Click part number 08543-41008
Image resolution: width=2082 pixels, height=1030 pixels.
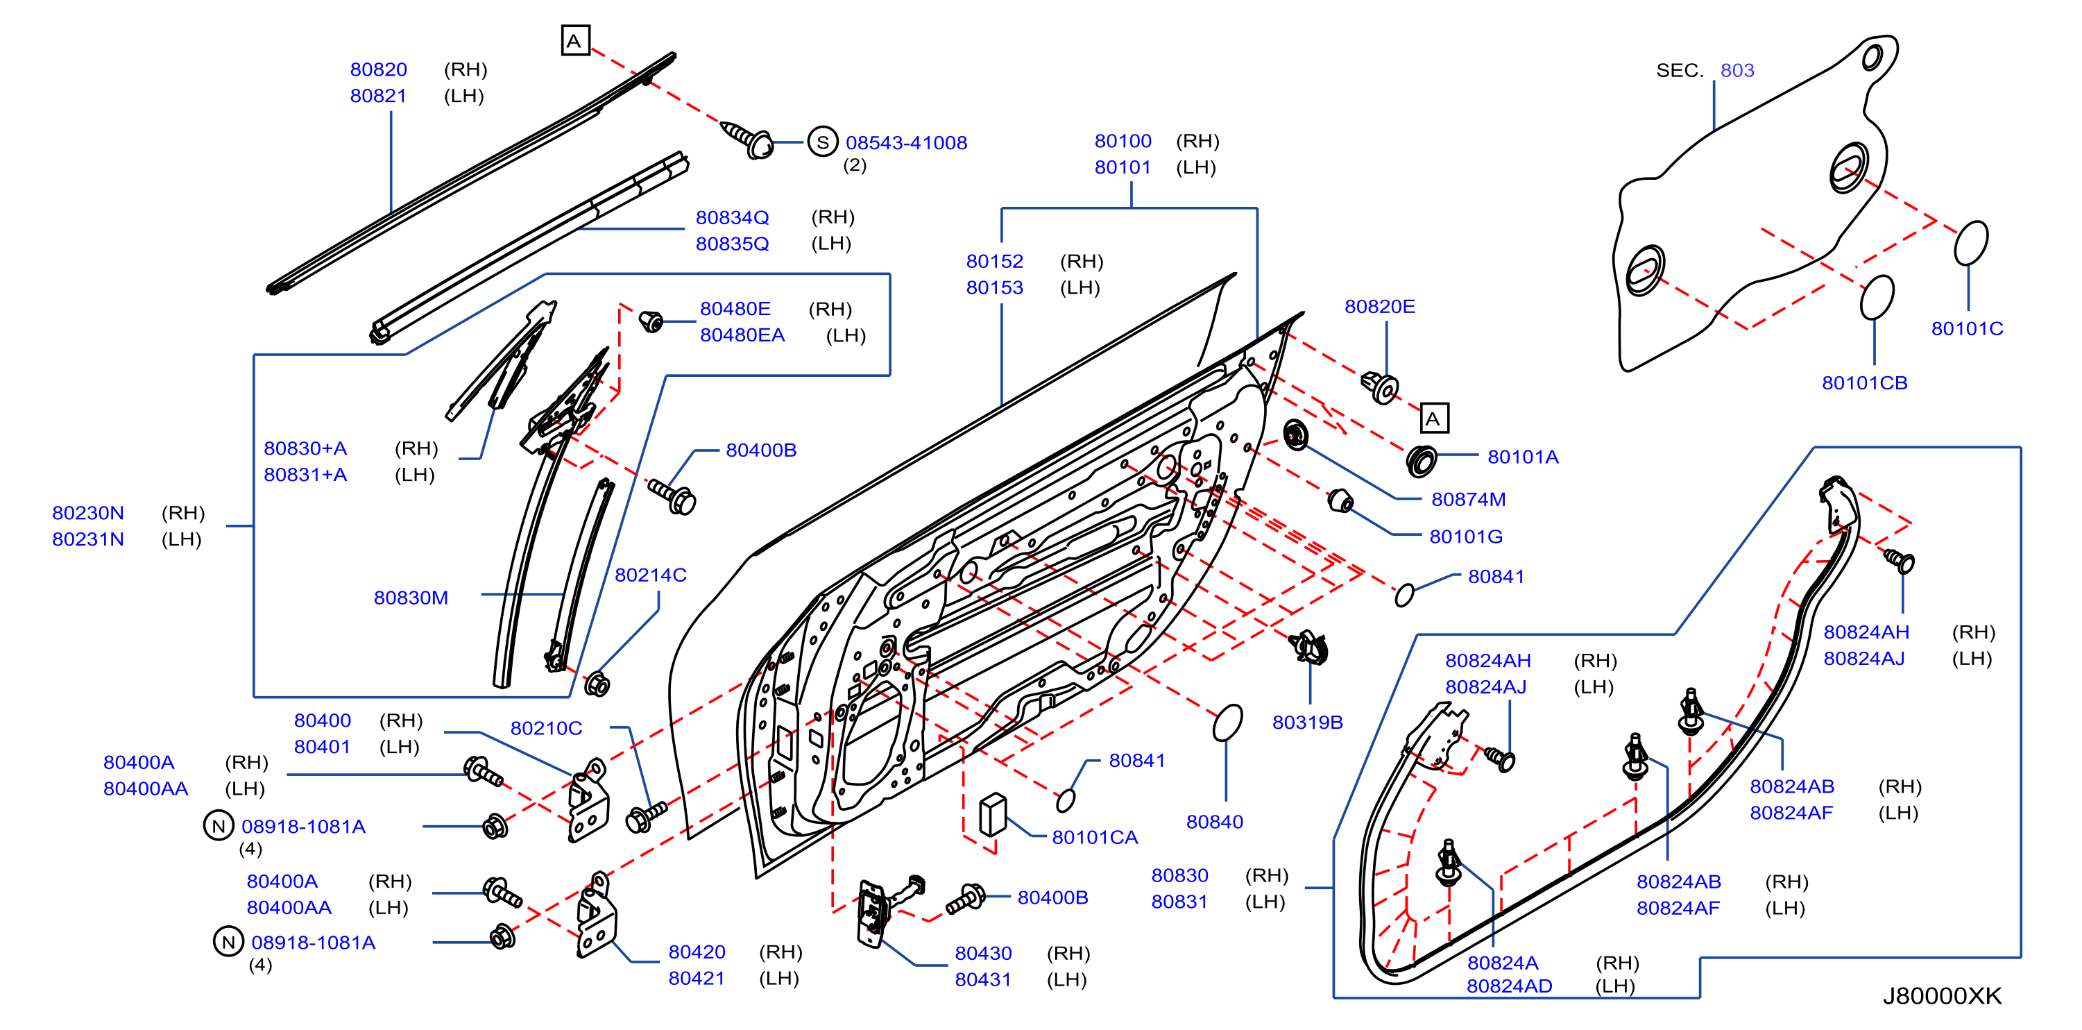tap(906, 143)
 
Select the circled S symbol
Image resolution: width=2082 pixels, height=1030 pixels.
tap(823, 142)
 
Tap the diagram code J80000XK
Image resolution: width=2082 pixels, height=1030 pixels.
tap(1942, 995)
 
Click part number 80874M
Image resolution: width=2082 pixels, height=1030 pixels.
tap(1468, 500)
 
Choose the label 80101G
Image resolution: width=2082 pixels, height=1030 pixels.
tap(1465, 537)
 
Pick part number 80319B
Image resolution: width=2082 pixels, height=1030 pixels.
tap(1307, 723)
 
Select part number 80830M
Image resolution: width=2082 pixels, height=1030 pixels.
tap(411, 598)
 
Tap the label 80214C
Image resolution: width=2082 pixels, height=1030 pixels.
tap(651, 575)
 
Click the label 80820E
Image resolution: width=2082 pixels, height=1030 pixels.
tap(1380, 307)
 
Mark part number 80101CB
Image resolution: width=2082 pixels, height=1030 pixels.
tap(1865, 383)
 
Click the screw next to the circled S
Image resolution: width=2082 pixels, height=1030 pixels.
tap(746, 138)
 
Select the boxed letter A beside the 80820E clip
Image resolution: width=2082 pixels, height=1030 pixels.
tap(1435, 418)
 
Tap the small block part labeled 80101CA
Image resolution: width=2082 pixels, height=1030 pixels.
tap(993, 814)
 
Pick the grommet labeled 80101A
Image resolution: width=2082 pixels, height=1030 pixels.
tap(1421, 460)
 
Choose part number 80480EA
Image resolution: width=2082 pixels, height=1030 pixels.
tap(742, 335)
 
